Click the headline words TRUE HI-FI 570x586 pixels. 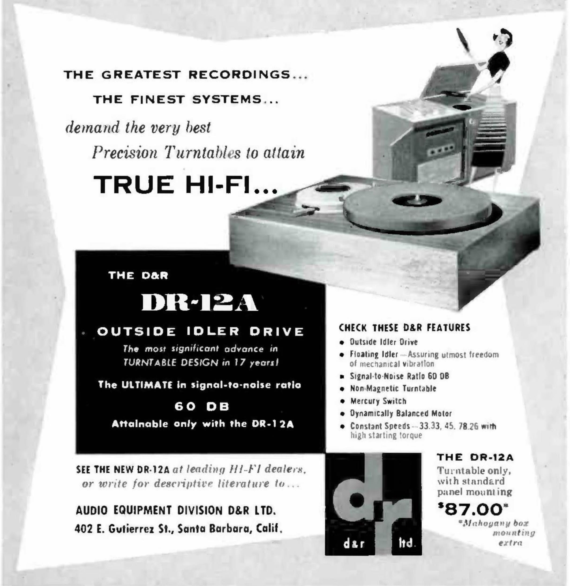[x=186, y=185]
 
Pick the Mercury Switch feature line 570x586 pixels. [x=378, y=401]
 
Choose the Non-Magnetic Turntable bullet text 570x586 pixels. [x=393, y=388]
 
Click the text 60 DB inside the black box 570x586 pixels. [x=202, y=407]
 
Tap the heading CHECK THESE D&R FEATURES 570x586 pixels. [x=405, y=328]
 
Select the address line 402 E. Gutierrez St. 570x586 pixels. [x=178, y=530]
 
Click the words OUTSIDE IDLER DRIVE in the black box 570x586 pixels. [x=200, y=332]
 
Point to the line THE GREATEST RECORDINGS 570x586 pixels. [x=186, y=75]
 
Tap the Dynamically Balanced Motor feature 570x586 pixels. [x=401, y=414]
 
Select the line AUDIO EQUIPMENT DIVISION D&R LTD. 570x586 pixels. [x=176, y=510]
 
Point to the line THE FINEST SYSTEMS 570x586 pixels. [x=186, y=99]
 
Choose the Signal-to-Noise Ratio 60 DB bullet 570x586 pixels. [x=399, y=376]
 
